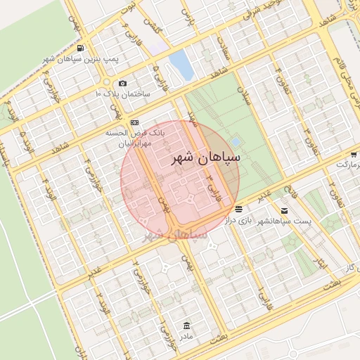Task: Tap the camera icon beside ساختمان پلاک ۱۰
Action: pyautogui.click(x=123, y=83)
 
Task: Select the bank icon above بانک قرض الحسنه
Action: pyautogui.click(x=134, y=122)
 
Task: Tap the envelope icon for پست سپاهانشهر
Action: pyautogui.click(x=284, y=210)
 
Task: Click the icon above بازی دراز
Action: pyautogui.click(x=240, y=210)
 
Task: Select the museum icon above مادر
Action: pyautogui.click(x=186, y=326)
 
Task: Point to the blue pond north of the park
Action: pyautogui.click(x=181, y=64)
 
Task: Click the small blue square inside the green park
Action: pyautogui.click(x=234, y=142)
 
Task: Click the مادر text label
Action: pyautogui.click(x=185, y=337)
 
